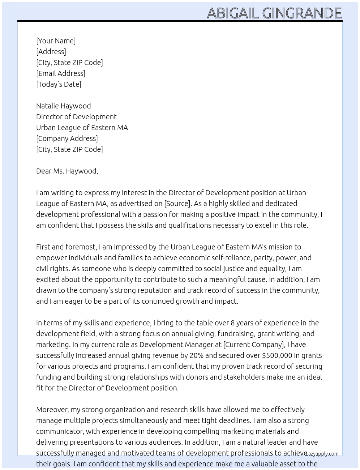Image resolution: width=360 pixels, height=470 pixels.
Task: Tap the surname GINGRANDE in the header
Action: [x=302, y=13]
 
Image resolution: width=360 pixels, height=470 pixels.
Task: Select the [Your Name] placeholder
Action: [x=56, y=41]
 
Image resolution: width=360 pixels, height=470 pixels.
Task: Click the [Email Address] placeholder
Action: [x=61, y=73]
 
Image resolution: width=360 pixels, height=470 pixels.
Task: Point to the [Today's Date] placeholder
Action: [x=59, y=84]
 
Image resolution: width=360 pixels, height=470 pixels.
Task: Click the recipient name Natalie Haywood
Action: [x=63, y=106]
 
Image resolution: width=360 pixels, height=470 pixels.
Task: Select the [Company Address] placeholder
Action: [x=67, y=138]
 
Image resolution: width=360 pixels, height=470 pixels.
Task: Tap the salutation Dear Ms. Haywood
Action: [x=67, y=171]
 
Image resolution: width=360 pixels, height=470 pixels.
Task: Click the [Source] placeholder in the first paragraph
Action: [x=177, y=204]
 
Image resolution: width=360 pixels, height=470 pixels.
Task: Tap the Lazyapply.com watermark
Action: [x=322, y=454]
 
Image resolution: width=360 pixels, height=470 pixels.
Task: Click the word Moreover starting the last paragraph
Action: [x=52, y=410]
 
